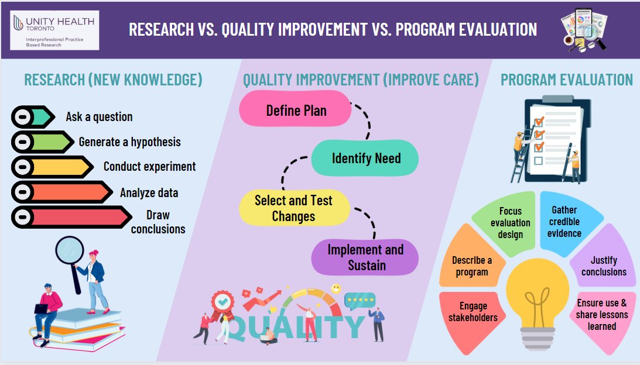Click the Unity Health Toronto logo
coord(55,30)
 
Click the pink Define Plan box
coord(296,111)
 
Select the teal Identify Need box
coord(365,159)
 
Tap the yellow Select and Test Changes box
coord(294,208)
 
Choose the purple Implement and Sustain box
coord(365,257)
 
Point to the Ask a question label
coord(99,117)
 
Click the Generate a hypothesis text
coord(129,142)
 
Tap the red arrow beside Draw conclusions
coord(70,217)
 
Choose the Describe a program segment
coord(472,266)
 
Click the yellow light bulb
coord(537,292)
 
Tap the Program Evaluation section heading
coord(566,80)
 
